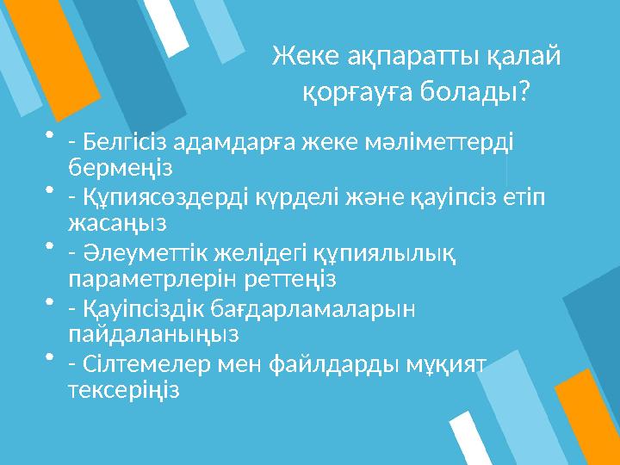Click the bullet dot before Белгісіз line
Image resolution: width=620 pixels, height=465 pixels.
click(49, 134)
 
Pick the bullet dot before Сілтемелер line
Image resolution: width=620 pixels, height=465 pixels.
click(49, 357)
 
